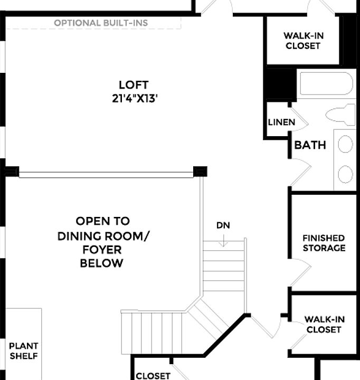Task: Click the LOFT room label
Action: tap(134, 84)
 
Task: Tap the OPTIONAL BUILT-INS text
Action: tap(101, 23)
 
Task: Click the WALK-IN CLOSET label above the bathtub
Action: tap(303, 41)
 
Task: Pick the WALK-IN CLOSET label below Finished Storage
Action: tap(324, 325)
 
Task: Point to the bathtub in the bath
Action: tap(326, 83)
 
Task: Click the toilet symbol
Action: tap(341, 114)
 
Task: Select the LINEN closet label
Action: tap(281, 122)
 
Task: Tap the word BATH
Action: tap(310, 145)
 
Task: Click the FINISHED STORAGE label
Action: tap(324, 243)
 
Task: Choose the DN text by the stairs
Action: tap(223, 225)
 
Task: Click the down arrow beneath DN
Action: tap(224, 241)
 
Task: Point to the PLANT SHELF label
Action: tap(24, 351)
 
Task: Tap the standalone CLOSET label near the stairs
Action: tap(153, 376)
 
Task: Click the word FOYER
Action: tap(101, 249)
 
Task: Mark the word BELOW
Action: tap(101, 263)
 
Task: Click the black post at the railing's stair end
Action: tap(200, 171)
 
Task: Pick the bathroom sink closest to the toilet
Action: tap(345, 144)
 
